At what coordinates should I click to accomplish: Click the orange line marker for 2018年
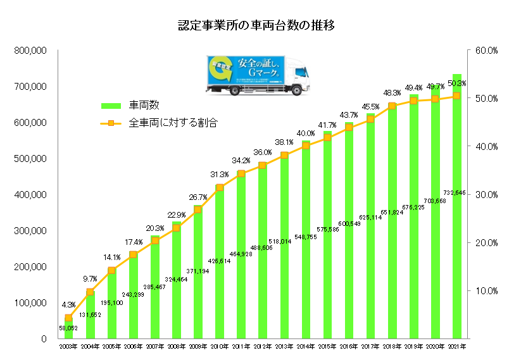coord(392,106)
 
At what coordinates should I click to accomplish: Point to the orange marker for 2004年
coord(90,292)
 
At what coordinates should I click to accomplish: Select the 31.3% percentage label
coord(219,175)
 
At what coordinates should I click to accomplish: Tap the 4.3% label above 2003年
coord(68,304)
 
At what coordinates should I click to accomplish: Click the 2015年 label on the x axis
coord(327,347)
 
